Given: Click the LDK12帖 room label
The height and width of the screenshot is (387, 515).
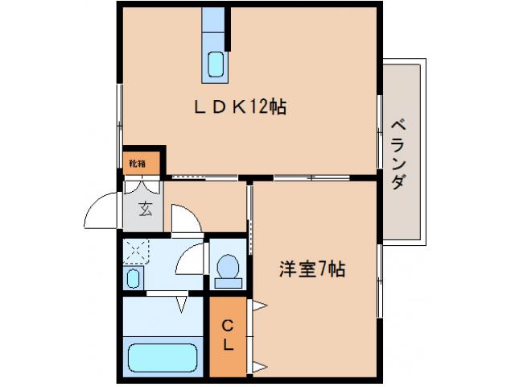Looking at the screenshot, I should [240, 107].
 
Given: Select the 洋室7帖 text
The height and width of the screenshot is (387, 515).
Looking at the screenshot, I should [312, 270].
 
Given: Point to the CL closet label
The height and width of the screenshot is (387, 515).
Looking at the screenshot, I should [228, 335].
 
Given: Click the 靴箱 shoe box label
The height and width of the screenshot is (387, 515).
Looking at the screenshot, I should [137, 164].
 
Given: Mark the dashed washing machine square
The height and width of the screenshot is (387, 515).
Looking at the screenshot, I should [136, 252].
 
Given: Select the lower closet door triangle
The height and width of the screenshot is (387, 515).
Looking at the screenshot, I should [259, 368].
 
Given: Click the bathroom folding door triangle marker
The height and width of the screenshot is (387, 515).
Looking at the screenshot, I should [181, 304].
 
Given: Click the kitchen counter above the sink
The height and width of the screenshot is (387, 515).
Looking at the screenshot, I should [215, 24].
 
